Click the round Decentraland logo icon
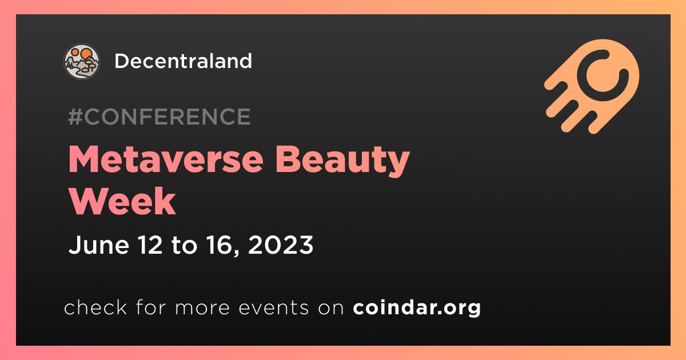click(81, 61)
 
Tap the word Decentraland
click(183, 61)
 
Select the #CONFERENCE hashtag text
click(159, 117)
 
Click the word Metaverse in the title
click(166, 159)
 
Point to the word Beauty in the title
click(342, 161)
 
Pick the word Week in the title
click(122, 201)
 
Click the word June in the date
click(98, 245)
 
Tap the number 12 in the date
click(150, 245)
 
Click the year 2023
click(281, 245)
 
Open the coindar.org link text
click(417, 307)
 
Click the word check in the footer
click(95, 307)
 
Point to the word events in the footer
click(273, 307)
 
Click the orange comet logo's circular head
click(603, 75)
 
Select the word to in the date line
click(184, 246)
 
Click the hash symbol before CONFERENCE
click(75, 117)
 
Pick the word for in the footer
click(151, 307)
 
